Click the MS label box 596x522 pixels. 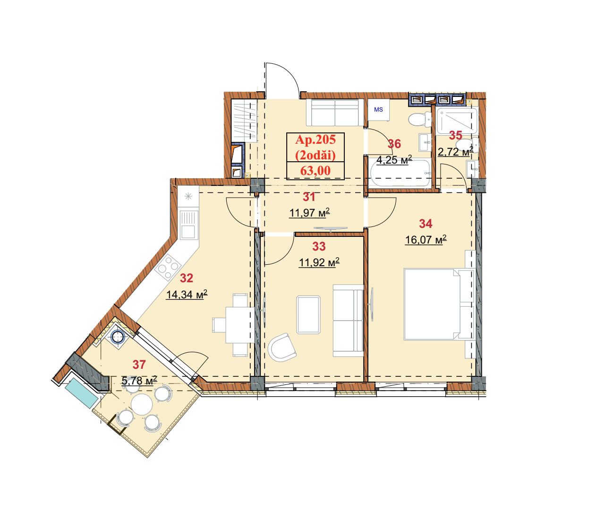(x=378, y=110)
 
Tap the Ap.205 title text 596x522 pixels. (x=315, y=139)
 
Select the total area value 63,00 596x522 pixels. (x=315, y=171)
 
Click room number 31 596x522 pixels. (x=309, y=197)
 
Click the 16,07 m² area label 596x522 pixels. (x=426, y=239)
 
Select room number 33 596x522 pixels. (x=319, y=246)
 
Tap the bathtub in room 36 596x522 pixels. (x=400, y=173)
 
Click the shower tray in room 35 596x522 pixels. (x=457, y=121)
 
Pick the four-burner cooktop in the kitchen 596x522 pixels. (x=168, y=267)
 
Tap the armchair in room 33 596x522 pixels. (x=281, y=348)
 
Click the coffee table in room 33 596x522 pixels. (x=308, y=314)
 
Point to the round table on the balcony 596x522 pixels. (x=142, y=404)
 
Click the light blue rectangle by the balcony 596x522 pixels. (x=81, y=393)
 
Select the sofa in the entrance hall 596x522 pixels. (x=335, y=113)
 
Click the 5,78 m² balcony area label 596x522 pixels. (x=139, y=381)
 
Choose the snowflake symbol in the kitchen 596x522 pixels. (x=188, y=196)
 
